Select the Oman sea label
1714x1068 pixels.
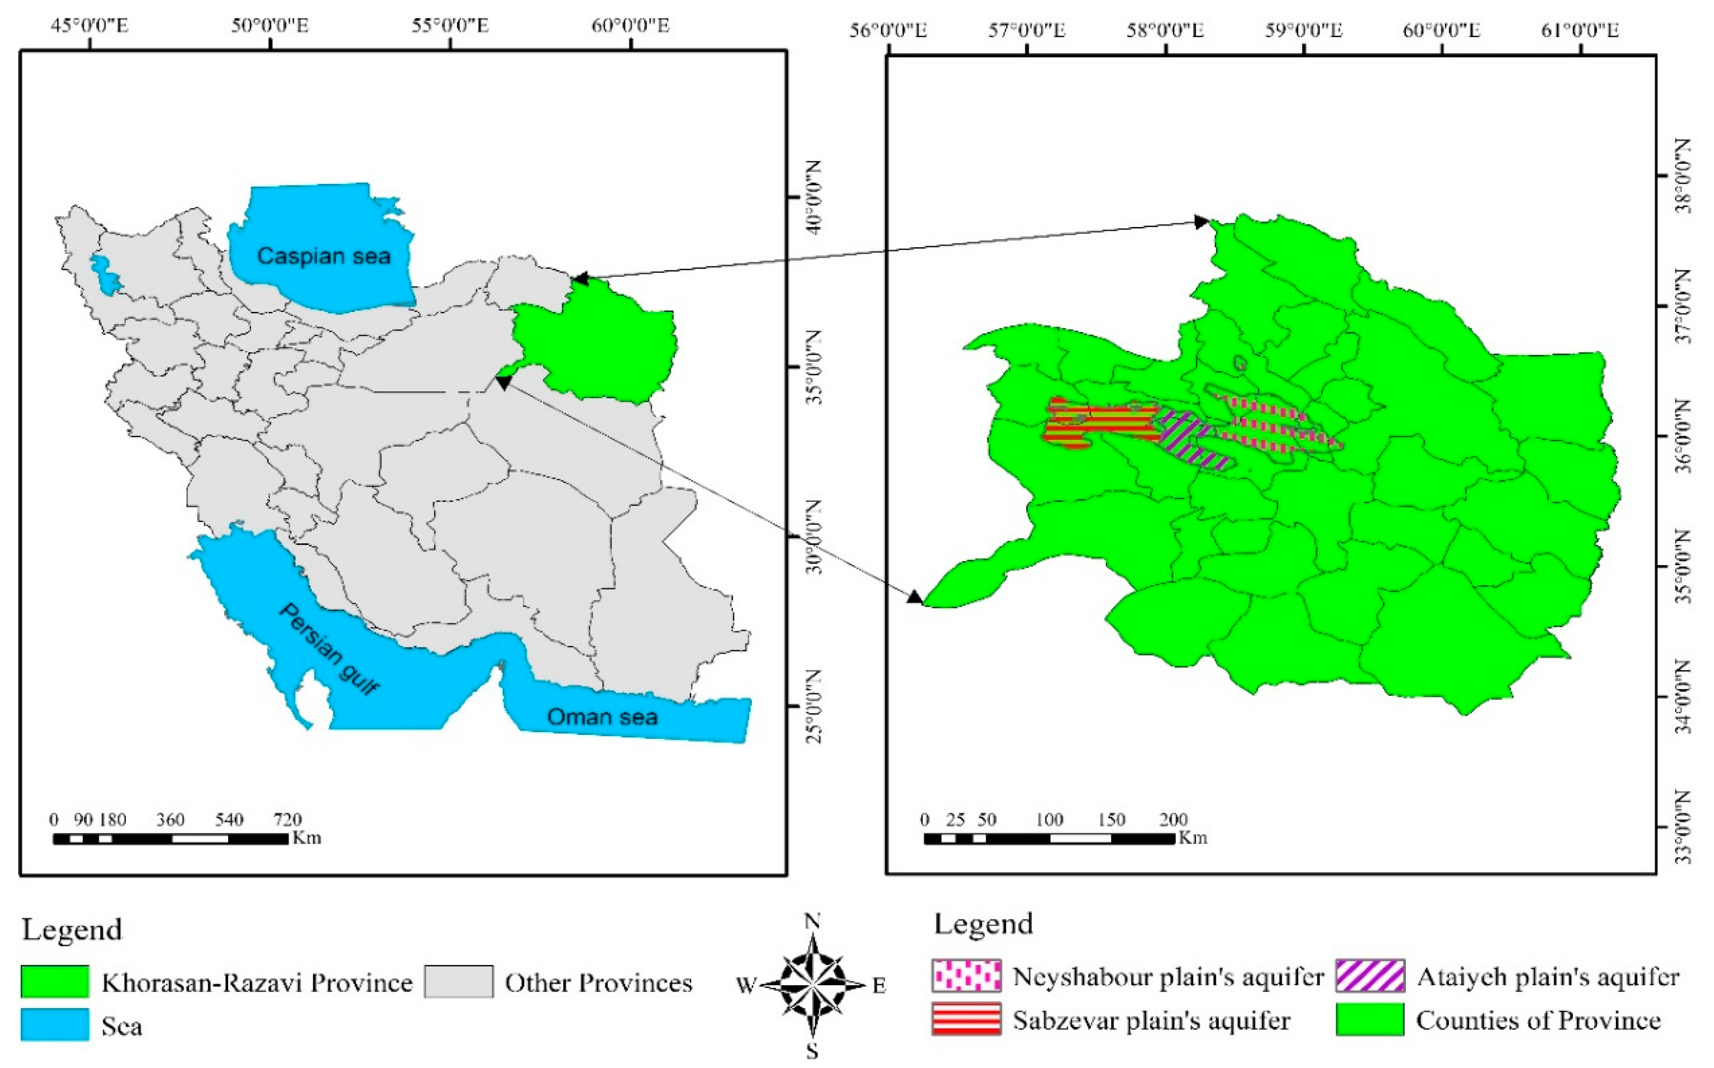click(602, 717)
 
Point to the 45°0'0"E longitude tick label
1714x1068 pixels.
click(90, 26)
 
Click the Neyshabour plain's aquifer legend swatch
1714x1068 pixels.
click(966, 976)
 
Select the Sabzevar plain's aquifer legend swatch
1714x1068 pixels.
click(966, 1019)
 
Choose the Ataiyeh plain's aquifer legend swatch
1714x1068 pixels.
click(1370, 976)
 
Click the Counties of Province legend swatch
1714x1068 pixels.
click(1370, 1019)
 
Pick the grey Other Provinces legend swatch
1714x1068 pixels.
click(459, 982)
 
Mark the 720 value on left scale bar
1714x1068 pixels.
click(287, 819)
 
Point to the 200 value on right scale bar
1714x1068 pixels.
click(1173, 819)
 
